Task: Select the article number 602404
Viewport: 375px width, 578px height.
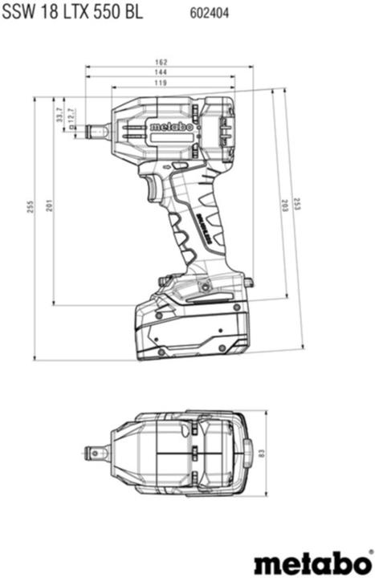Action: (207, 13)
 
